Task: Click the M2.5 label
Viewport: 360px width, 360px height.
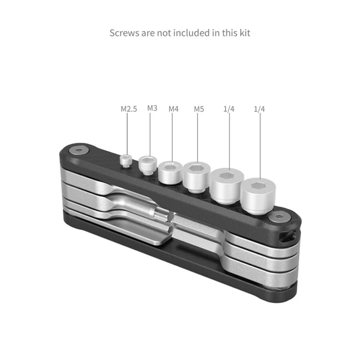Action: click(x=129, y=109)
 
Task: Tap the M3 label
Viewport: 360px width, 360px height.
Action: click(x=152, y=108)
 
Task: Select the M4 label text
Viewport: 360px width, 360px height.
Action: click(x=173, y=109)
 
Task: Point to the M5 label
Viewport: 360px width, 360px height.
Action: click(x=199, y=109)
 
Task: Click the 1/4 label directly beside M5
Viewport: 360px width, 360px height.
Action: click(x=229, y=109)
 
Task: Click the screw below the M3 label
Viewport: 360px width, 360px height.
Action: click(x=148, y=164)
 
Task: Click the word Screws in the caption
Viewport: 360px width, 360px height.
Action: click(x=124, y=33)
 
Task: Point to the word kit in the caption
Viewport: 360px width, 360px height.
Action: click(x=243, y=33)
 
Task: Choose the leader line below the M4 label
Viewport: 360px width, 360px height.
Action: click(x=172, y=137)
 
